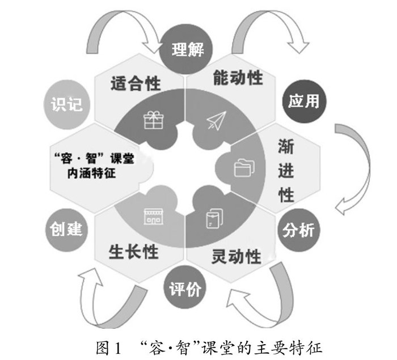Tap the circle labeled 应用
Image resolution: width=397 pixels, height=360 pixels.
303,101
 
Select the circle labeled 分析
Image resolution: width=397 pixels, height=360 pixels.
299,231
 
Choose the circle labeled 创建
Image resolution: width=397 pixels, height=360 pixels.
66,229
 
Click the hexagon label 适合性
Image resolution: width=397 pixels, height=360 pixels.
134,83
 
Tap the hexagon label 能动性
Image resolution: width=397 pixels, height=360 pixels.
238,77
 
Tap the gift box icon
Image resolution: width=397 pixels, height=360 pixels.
153,120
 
